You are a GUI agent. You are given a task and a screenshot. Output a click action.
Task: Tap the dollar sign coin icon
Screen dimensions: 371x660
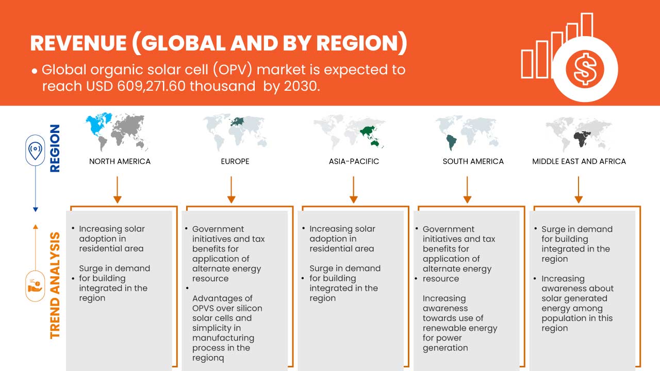(x=584, y=69)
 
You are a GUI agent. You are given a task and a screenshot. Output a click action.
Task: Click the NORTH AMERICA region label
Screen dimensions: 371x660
(x=120, y=161)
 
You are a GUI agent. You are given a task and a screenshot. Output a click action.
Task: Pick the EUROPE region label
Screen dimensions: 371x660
(x=235, y=161)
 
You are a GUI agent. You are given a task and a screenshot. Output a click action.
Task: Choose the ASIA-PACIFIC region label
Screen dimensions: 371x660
(x=354, y=161)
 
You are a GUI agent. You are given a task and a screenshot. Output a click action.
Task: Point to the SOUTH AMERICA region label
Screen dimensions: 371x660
(x=473, y=161)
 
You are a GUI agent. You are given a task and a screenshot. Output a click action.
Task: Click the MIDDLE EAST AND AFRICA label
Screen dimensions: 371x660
(x=579, y=161)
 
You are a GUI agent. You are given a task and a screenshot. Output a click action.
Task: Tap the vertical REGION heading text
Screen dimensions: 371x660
(x=54, y=148)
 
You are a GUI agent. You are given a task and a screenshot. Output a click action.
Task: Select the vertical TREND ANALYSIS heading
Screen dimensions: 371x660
(x=55, y=285)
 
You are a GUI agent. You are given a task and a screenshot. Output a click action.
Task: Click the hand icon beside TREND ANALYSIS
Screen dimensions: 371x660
(x=35, y=285)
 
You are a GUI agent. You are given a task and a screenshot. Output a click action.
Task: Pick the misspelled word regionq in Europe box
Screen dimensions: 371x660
(x=208, y=358)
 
